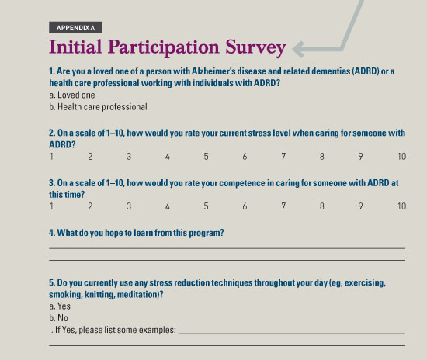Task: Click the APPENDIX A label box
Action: [76, 27]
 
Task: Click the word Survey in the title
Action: [255, 48]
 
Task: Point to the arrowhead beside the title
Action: [298, 49]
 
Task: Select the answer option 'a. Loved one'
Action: [72, 95]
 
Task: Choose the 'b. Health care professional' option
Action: [98, 106]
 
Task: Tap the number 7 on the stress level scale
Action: [283, 157]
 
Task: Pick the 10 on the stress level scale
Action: [402, 157]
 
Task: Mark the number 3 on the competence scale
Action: [129, 206]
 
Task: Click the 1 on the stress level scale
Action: [51, 157]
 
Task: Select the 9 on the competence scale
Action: [360, 206]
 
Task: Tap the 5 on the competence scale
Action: [207, 206]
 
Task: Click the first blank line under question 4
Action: [227, 248]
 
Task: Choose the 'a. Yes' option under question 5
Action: [60, 306]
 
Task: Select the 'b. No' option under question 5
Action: [58, 318]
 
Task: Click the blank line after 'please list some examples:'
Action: [292, 334]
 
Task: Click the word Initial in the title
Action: [75, 47]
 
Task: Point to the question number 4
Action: [52, 233]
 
